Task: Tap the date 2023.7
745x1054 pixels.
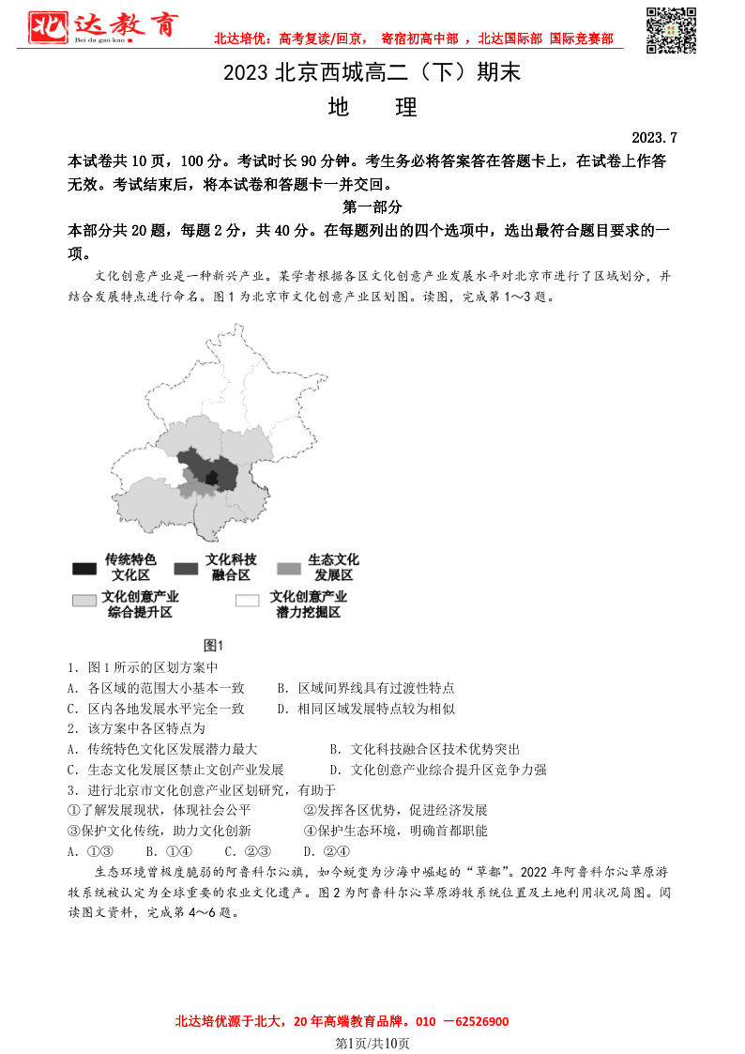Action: (654, 137)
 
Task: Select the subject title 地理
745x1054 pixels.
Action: (372, 107)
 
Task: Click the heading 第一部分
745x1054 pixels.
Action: (372, 207)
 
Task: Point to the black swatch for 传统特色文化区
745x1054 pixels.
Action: (84, 569)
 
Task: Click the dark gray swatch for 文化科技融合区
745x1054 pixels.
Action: (186, 569)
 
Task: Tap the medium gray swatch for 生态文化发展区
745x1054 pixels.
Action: (289, 569)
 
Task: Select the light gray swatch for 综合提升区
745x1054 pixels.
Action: (84, 601)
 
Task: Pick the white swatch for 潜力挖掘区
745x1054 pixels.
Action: (248, 601)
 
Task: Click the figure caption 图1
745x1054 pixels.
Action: (213, 645)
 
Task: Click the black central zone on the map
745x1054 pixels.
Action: (213, 479)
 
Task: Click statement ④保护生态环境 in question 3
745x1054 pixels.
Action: (395, 831)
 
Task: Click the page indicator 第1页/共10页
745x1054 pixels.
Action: (372, 1043)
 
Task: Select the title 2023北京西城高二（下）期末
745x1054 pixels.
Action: (372, 73)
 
